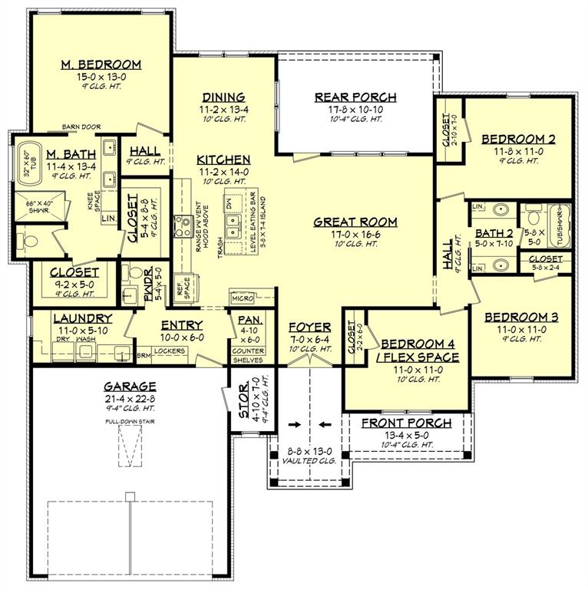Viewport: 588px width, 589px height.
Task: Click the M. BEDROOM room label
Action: click(101, 64)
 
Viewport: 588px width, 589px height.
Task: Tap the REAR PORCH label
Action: click(355, 97)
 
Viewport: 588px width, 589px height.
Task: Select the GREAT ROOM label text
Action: click(355, 222)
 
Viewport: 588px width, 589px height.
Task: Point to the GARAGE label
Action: click(130, 387)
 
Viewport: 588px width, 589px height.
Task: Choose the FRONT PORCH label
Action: click(406, 423)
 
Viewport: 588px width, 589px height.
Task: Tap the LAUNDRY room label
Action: click(83, 318)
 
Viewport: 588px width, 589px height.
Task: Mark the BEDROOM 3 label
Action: click(521, 317)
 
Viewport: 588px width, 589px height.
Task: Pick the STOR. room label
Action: click(243, 401)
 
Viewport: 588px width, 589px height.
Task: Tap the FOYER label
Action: click(309, 327)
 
